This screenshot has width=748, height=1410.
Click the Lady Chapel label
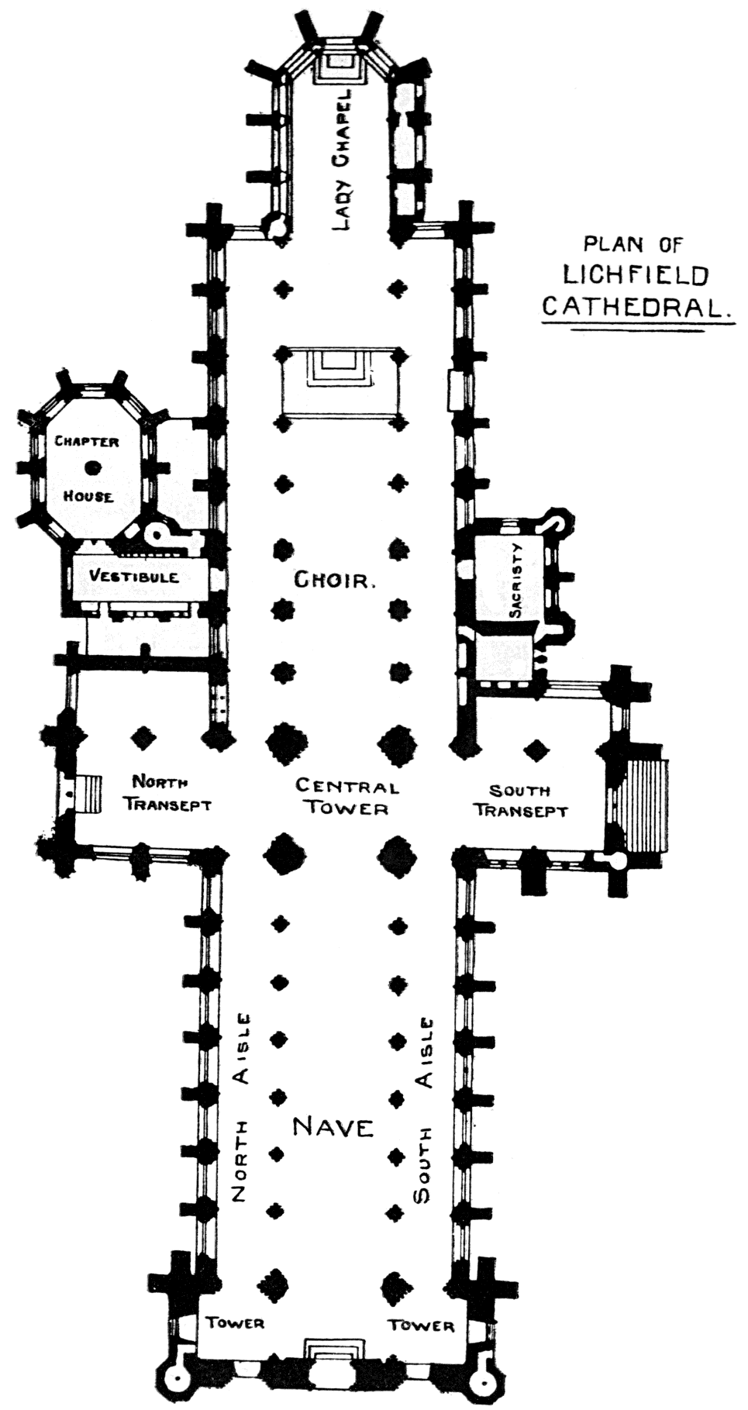coord(342,160)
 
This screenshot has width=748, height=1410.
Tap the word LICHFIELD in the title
coord(636,275)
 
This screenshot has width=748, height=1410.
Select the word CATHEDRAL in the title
coord(636,307)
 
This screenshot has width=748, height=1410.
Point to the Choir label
coord(335,580)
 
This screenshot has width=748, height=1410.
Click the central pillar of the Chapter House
coord(93,467)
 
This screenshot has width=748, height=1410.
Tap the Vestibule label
coord(133,576)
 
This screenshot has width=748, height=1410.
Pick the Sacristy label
coord(517,580)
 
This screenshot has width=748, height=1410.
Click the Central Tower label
coord(346,798)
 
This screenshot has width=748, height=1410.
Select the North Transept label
coord(168,793)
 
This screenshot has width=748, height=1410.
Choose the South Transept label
coord(521,801)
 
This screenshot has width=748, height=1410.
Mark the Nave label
coord(333,1127)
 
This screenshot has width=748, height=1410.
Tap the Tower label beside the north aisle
coord(235,1322)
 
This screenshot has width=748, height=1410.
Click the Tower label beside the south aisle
coord(422,1325)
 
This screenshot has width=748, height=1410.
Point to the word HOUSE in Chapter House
coord(88,496)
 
